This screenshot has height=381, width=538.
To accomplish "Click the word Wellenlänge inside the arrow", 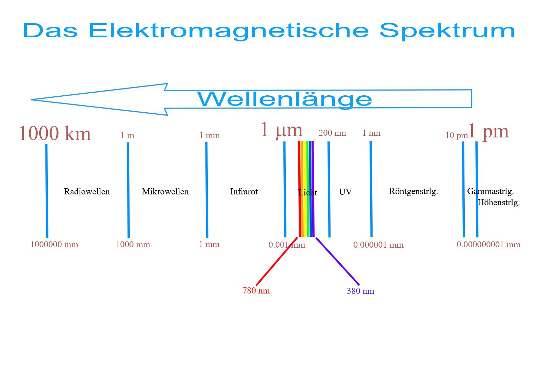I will coord(285,99).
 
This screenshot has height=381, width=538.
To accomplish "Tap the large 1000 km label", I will coord(55,133).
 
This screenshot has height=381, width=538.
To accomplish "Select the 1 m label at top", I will coord(127,136).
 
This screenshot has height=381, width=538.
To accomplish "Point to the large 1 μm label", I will coord(281,130).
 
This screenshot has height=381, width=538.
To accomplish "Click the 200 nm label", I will coord(332,133).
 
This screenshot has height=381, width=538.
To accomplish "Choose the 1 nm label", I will coord(371,133).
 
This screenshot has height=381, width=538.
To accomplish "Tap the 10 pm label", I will coord(456,136).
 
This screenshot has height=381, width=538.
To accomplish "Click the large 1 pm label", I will coord(489,131).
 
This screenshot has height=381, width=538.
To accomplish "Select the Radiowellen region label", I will coord(87,192).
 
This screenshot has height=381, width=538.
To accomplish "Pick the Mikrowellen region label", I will coord(165,192).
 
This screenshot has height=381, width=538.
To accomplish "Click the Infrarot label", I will coord(244,192).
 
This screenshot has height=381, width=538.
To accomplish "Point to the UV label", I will coord(345,192).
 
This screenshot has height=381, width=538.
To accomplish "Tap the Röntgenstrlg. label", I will coord(413,192).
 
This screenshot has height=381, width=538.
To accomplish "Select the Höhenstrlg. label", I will coord(498,203).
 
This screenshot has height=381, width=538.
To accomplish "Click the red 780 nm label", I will coord(256,291).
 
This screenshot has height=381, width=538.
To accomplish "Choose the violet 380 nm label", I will coord(360,291).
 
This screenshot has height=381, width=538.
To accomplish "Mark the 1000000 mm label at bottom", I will coord(54,245).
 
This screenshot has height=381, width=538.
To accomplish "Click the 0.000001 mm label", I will coord(378,245).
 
